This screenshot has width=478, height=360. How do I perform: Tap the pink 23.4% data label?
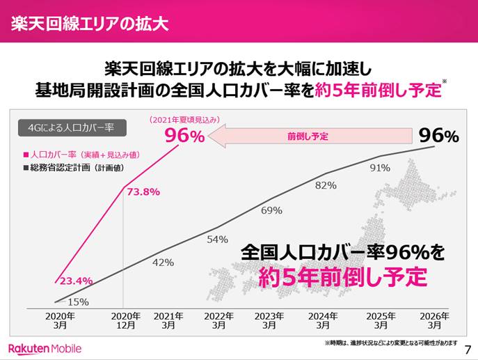(x=75, y=281)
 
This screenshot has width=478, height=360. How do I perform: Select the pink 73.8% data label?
(x=144, y=191)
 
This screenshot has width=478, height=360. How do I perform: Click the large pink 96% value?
(x=184, y=136)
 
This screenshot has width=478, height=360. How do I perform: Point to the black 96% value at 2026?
(x=439, y=136)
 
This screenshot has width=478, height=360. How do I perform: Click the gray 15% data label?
(x=78, y=302)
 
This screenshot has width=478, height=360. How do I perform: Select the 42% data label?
(x=163, y=263)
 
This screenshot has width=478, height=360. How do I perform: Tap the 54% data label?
(x=218, y=239)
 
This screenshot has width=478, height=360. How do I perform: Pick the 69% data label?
(x=271, y=210)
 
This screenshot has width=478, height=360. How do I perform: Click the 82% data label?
(x=326, y=185)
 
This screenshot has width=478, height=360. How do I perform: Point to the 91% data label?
(x=380, y=167)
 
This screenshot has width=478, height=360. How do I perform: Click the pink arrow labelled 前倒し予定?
(x=306, y=136)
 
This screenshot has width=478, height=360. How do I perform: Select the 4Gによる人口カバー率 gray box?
(x=66, y=127)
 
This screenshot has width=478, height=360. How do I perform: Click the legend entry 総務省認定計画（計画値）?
(x=77, y=168)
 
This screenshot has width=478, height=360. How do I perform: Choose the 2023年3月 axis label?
(x=271, y=320)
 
